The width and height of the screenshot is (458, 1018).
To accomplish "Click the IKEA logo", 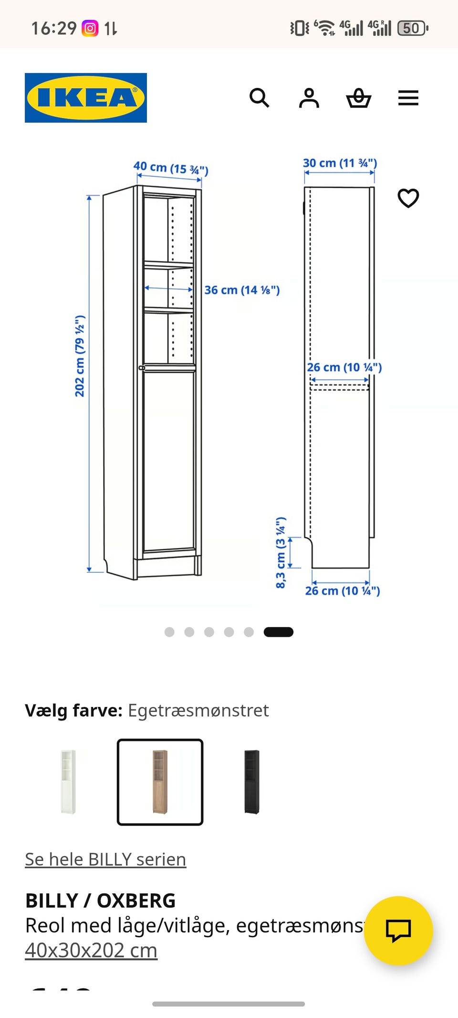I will [86, 98].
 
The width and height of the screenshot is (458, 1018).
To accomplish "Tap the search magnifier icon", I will [260, 98].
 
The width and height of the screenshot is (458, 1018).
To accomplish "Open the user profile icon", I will [309, 98].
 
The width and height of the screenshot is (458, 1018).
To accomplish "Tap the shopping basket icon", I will [358, 98].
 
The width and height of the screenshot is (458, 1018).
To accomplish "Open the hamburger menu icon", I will [408, 98].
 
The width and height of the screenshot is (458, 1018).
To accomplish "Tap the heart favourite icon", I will [408, 198].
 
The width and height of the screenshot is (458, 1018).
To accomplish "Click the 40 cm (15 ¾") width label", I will [170, 168].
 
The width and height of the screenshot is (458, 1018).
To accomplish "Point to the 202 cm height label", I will [80, 356].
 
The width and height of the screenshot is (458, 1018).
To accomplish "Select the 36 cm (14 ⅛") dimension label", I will [242, 290].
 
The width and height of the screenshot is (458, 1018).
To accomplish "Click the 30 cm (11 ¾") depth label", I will [340, 163].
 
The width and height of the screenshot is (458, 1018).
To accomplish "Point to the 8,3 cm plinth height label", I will [281, 552].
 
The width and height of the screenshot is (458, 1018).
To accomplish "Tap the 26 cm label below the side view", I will [343, 591].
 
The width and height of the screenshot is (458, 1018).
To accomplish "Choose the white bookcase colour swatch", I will [68, 782].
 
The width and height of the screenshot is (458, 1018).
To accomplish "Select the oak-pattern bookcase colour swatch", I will [160, 782].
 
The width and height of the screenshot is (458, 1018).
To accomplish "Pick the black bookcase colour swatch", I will [251, 782].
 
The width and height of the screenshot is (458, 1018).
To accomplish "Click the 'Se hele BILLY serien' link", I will [105, 859].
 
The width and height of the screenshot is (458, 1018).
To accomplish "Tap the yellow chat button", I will [398, 930].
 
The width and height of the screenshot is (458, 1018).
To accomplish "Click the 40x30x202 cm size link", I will [91, 950].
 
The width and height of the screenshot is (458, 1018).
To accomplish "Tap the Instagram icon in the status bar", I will [90, 28].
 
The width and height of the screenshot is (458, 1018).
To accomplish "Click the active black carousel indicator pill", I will [279, 632].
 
